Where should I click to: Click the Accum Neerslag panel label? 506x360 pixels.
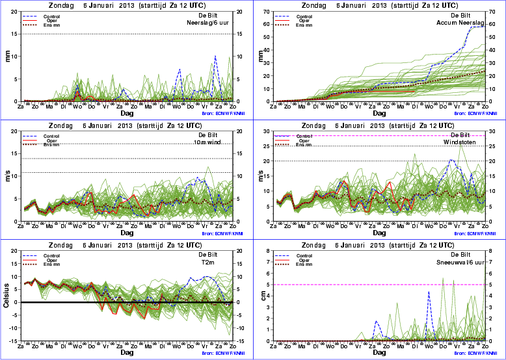[x=463, y=23]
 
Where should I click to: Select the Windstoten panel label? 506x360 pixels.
[x=468, y=143]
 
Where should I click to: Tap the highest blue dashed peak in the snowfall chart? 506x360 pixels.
[x=429, y=291]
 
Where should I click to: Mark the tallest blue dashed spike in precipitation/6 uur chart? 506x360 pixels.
[x=215, y=56]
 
